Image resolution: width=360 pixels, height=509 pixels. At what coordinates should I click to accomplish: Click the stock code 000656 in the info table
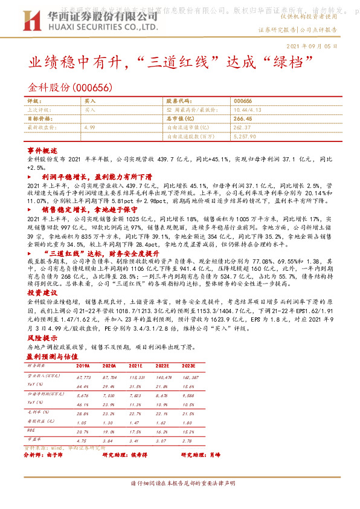(242, 101)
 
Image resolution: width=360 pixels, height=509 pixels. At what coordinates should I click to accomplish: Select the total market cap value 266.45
(242, 119)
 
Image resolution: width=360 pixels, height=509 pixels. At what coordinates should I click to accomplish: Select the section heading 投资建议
(42, 291)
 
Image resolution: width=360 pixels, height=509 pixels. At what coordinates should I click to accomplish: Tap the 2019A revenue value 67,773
(83, 376)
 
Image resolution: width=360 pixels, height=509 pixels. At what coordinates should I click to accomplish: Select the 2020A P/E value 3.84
(109, 441)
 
